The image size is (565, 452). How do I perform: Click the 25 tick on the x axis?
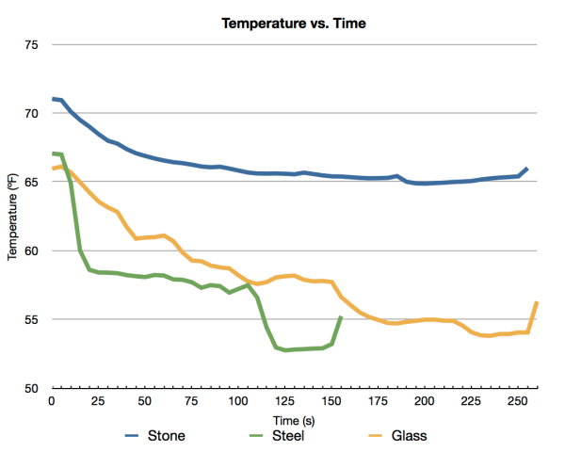click(x=98, y=401)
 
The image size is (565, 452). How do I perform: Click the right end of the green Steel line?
click(x=341, y=317)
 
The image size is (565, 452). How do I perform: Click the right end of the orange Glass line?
click(x=536, y=302)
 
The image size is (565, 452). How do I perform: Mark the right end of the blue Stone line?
click(x=526, y=169)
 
